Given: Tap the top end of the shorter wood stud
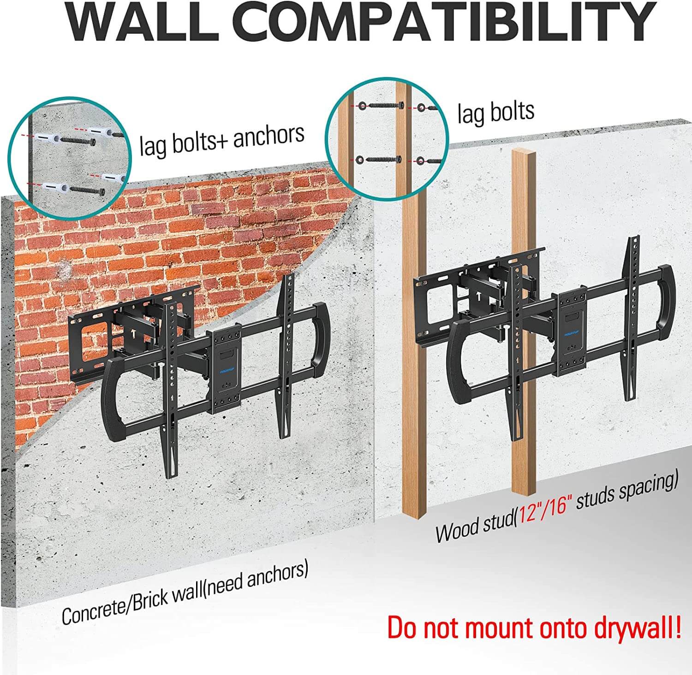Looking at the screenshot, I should point(524,152).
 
